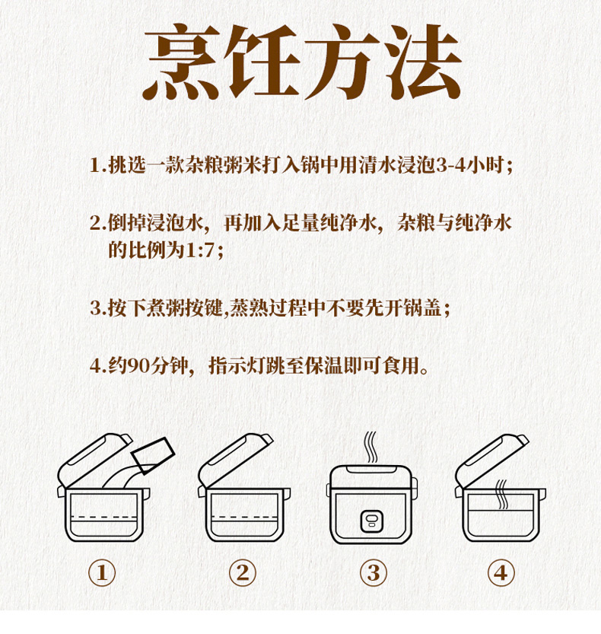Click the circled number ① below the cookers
click(x=102, y=573)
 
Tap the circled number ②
click(x=243, y=573)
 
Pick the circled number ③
click(x=374, y=573)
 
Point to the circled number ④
click(x=501, y=573)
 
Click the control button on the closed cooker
click(x=372, y=521)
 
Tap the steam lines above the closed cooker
click(x=370, y=447)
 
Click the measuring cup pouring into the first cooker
click(x=153, y=455)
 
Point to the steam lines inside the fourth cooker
click(x=501, y=494)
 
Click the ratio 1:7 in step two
click(x=199, y=250)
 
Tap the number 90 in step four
click(x=138, y=366)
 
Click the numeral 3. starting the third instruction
click(x=98, y=308)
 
